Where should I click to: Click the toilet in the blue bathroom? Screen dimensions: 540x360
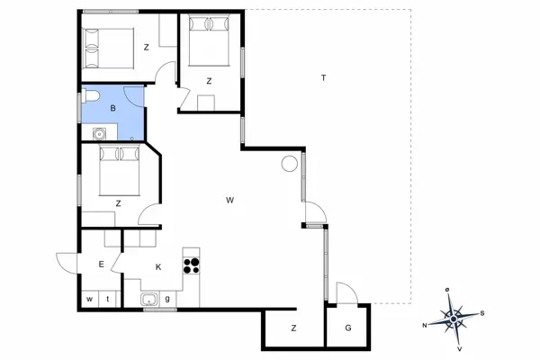click(91, 96)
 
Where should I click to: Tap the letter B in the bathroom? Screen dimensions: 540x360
click(112, 109)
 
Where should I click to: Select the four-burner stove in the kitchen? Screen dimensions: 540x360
click(191, 265)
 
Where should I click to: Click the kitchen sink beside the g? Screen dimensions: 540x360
click(149, 299)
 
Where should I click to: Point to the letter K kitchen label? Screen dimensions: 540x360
click(158, 267)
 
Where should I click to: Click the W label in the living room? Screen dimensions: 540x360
click(229, 200)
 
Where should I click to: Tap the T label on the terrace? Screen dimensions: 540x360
click(323, 78)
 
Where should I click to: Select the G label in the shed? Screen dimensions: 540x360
click(348, 328)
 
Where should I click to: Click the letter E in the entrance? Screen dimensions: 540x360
click(101, 265)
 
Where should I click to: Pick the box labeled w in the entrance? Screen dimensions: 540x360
click(90, 299)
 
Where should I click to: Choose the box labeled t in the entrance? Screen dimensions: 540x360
click(108, 299)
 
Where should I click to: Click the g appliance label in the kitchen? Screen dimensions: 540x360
click(167, 299)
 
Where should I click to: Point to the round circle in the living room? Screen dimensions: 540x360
click(289, 164)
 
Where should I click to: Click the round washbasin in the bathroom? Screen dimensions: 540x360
click(99, 134)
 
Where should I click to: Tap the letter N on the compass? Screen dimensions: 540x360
click(425, 325)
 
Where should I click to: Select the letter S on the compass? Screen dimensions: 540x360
click(482, 313)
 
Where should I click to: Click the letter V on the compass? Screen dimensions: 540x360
click(459, 348)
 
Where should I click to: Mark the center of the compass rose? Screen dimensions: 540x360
click(454, 319)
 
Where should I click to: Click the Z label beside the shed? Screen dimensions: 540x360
click(293, 328)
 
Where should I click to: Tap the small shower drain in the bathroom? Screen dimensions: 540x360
click(132, 139)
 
